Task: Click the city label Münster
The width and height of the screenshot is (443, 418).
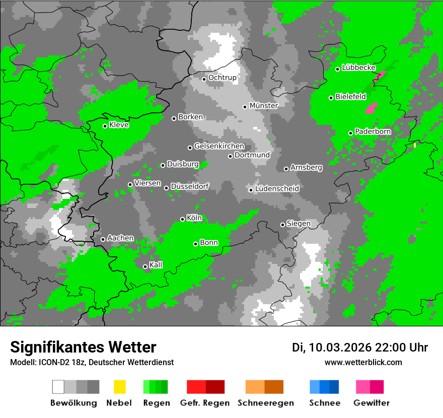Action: (263, 106)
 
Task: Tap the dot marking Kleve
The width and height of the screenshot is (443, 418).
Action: (105, 126)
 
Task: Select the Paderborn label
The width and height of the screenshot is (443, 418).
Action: (373, 132)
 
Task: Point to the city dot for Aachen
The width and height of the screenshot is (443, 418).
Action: (103, 239)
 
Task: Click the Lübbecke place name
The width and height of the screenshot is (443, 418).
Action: (358, 67)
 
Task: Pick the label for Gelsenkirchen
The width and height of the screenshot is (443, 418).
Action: (219, 147)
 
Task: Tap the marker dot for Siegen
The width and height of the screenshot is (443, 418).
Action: (282, 225)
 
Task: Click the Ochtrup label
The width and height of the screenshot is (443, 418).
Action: (222, 78)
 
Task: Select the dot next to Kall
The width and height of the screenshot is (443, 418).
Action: (145, 266)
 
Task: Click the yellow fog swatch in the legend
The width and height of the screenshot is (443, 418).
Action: (119, 387)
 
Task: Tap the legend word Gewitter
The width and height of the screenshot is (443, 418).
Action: (372, 403)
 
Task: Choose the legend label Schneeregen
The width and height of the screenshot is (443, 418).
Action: (265, 403)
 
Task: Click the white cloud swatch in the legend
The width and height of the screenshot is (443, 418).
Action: (58, 387)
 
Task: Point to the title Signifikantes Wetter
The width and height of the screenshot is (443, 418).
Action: (83, 347)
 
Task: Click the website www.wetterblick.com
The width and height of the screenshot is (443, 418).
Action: (363, 362)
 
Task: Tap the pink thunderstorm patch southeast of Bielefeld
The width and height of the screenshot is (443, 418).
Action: (372, 108)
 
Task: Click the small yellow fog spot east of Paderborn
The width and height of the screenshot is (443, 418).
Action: (415, 145)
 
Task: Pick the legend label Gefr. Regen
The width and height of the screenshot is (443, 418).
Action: (204, 403)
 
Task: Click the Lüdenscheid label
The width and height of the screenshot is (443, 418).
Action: (277, 189)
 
